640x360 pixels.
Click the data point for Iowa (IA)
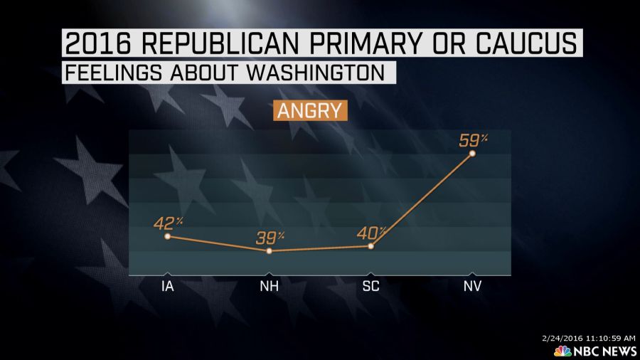[166, 236]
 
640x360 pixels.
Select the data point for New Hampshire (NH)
[269, 251]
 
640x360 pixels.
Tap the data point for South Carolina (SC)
[371, 246]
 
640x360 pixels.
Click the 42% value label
[168, 223]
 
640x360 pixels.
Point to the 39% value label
[270, 238]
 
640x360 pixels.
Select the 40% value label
[371, 233]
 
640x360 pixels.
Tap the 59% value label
[471, 139]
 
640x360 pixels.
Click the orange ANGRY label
[309, 111]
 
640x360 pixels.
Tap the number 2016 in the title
[97, 44]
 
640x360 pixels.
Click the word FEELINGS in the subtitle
[107, 73]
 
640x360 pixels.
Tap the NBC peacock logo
[562, 351]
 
